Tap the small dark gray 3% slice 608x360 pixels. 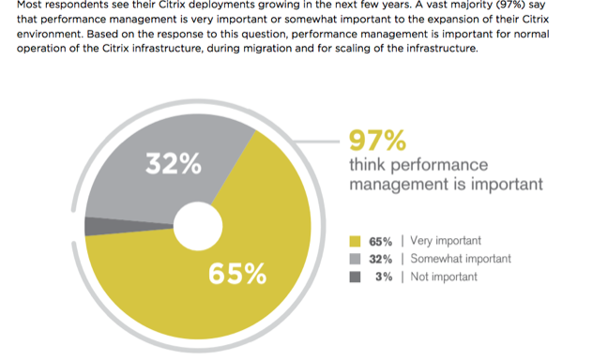pyautogui.click(x=116, y=226)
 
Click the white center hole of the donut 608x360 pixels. pyautogui.click(x=198, y=226)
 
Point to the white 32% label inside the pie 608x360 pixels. pyautogui.click(x=174, y=163)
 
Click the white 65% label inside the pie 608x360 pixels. pyautogui.click(x=237, y=274)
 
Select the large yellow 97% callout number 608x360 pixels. pyautogui.click(x=377, y=141)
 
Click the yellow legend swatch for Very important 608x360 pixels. pyautogui.click(x=355, y=241)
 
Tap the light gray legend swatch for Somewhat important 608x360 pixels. pyautogui.click(x=355, y=259)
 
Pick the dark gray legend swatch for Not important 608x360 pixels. pyautogui.click(x=355, y=277)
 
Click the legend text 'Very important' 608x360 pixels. pyautogui.click(x=446, y=241)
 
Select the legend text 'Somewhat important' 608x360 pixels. pyautogui.click(x=461, y=259)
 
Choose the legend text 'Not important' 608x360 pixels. pyautogui.click(x=444, y=277)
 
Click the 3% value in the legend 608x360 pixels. pyautogui.click(x=384, y=277)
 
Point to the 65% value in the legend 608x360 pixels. pyautogui.click(x=380, y=242)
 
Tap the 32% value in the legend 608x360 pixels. pyautogui.click(x=380, y=259)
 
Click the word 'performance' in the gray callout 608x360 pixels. pyautogui.click(x=439, y=166)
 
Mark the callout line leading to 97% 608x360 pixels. pyautogui.click(x=316, y=142)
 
